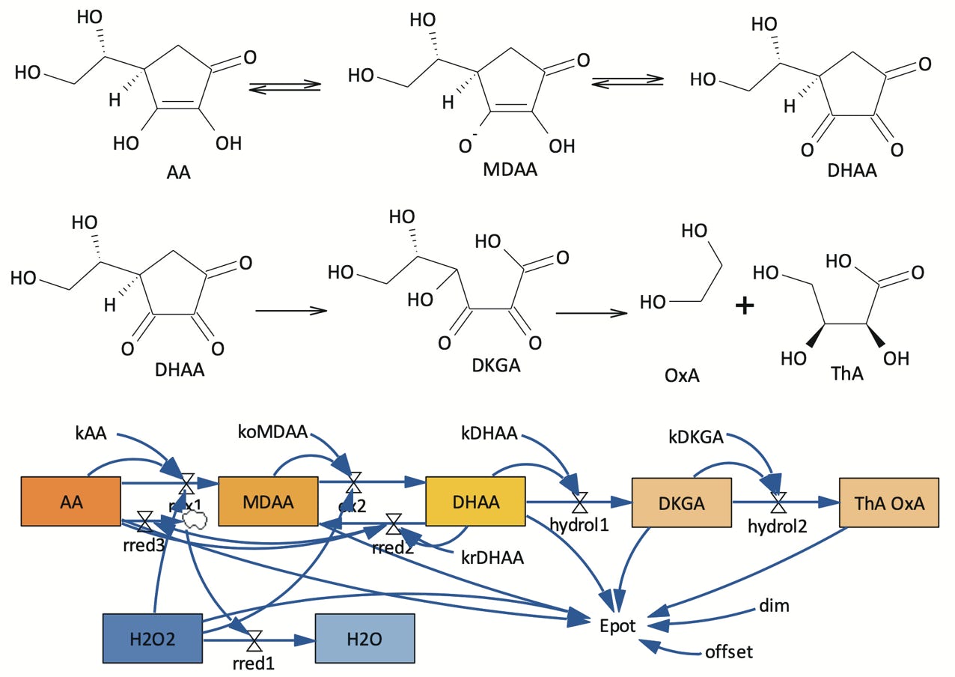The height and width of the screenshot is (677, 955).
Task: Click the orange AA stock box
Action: click(x=71, y=501)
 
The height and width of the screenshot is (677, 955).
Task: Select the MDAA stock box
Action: click(x=268, y=501)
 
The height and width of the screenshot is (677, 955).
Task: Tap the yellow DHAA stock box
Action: click(x=475, y=501)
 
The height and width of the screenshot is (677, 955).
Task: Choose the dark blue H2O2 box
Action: click(x=152, y=639)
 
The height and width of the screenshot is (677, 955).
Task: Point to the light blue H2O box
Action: click(x=364, y=639)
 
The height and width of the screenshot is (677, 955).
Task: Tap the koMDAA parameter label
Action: click(x=272, y=432)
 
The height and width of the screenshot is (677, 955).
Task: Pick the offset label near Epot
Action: click(x=728, y=652)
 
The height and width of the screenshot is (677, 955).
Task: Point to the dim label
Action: click(x=774, y=605)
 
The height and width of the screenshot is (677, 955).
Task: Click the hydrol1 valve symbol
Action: click(x=579, y=500)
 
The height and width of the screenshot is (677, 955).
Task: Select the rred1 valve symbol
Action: click(x=254, y=640)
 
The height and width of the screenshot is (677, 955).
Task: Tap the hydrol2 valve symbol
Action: click(x=778, y=501)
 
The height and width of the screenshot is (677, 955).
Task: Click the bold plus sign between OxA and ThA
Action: click(x=743, y=306)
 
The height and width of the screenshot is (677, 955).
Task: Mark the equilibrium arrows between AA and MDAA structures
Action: click(x=284, y=88)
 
